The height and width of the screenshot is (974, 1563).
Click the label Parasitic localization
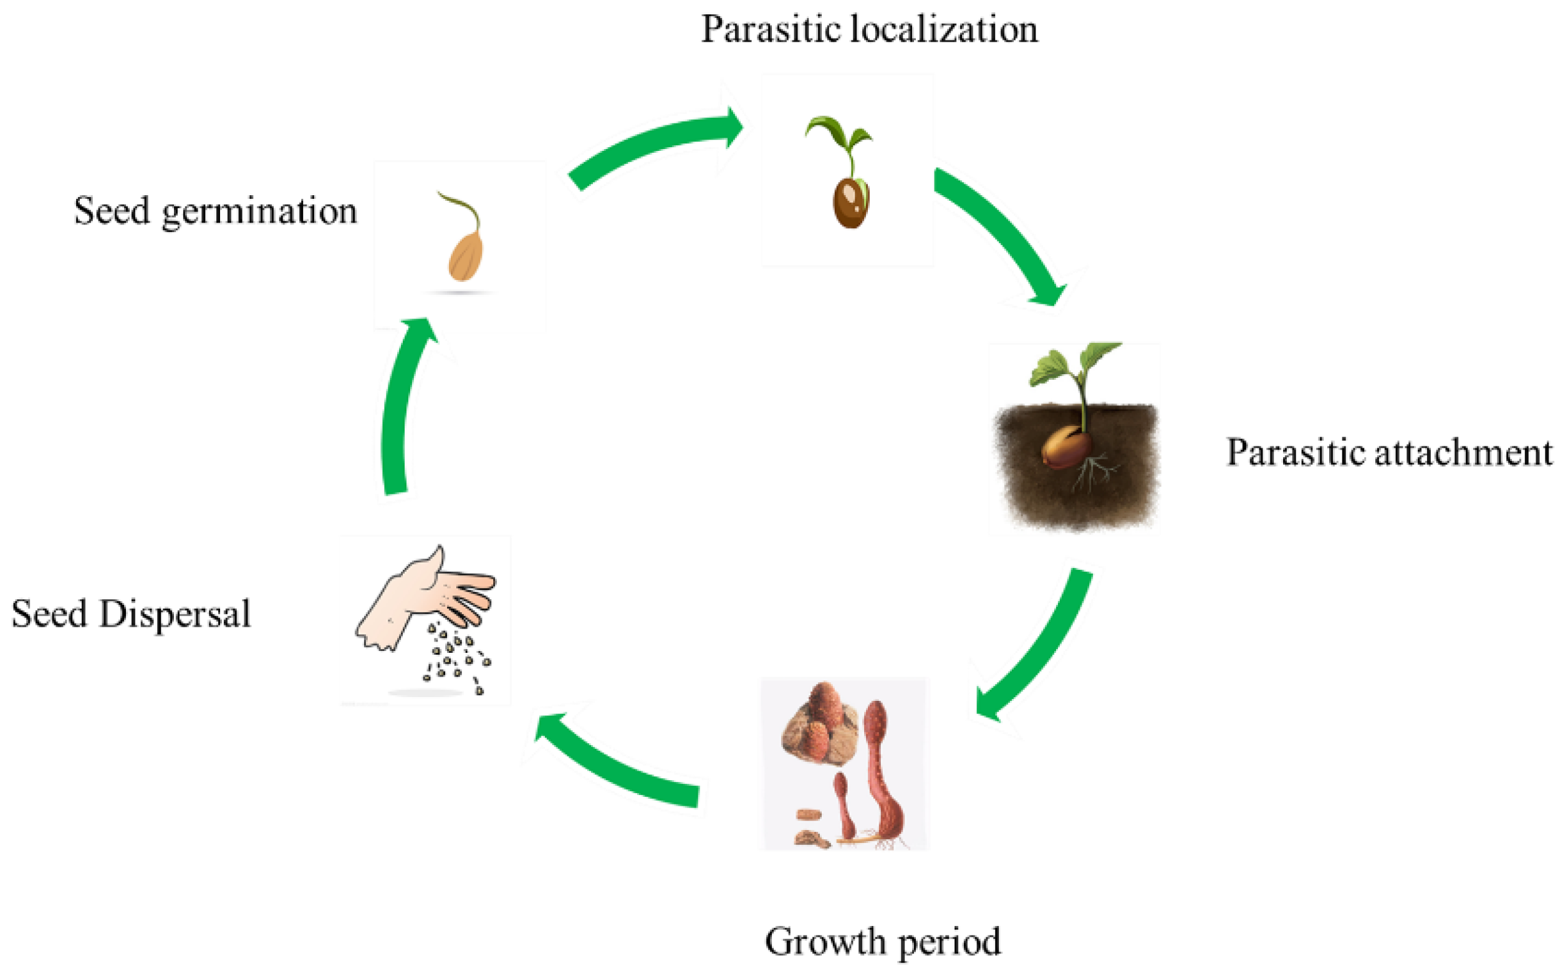[x=868, y=30]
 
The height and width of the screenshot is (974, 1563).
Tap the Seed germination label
[x=215, y=211]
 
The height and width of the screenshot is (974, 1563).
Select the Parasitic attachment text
[x=1388, y=452]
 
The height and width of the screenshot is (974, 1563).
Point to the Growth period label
[x=882, y=942]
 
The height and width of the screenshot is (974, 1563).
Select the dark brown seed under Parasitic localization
[x=850, y=203]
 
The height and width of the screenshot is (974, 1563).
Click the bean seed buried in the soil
[x=1067, y=448]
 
